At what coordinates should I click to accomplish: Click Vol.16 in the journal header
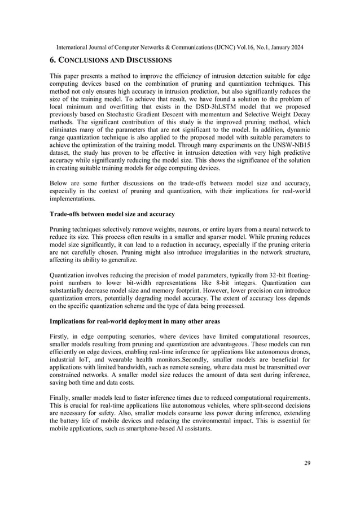pyautogui.click(x=245, y=47)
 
